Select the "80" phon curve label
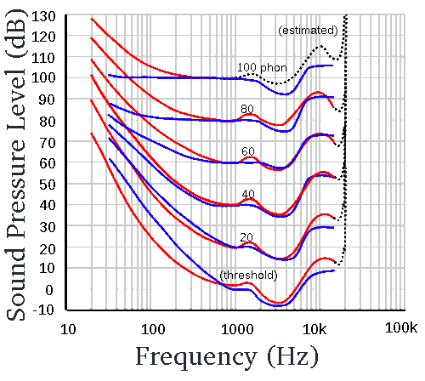pos(247,109)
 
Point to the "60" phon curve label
pos(248,151)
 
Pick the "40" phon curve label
pos(248,195)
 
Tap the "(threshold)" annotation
pos(247,276)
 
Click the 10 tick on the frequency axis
pos(71,327)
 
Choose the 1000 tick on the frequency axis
pos(236,327)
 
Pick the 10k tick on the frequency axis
pos(316,327)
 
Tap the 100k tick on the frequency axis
pos(397,327)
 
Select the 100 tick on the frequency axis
pos(153,327)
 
